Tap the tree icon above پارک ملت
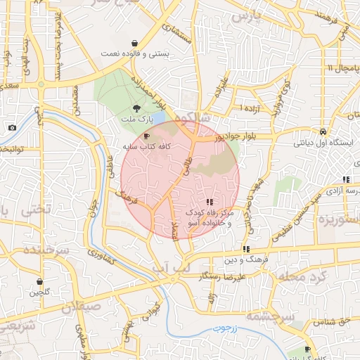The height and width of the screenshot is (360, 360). tap(136, 108)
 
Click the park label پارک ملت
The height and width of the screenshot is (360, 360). tap(136, 120)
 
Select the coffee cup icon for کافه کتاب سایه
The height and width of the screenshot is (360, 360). tap(146, 135)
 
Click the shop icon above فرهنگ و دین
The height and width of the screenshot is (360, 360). tap(246, 249)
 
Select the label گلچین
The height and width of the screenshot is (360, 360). tap(39, 292)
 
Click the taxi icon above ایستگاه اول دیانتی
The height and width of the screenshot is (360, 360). tap(321, 131)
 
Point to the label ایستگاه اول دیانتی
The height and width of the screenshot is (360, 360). tap(321, 143)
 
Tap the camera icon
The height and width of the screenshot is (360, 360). tap(12, 127)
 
